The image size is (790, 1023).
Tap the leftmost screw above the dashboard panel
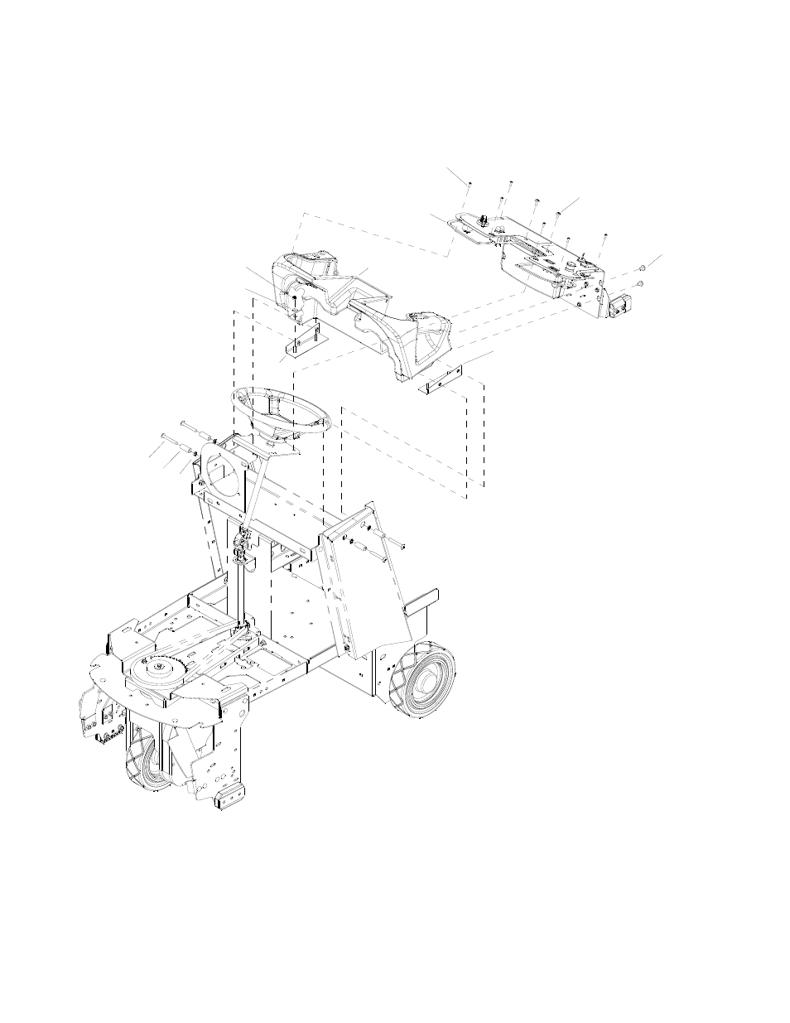click(x=470, y=183)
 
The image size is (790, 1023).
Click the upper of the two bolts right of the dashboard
click(x=643, y=269)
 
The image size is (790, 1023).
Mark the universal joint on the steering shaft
click(x=241, y=543)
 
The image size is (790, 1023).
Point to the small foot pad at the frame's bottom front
click(x=225, y=799)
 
